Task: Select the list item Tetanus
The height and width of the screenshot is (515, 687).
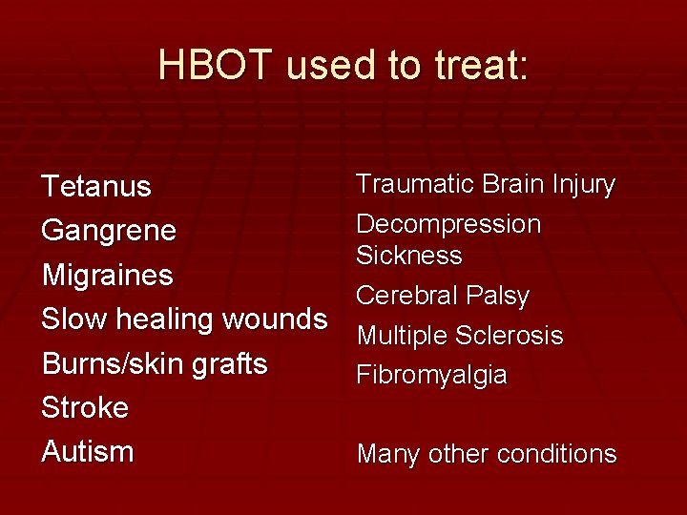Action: (x=96, y=187)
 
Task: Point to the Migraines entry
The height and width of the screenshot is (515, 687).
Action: (x=107, y=276)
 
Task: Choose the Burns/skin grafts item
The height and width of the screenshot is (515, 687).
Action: (x=155, y=363)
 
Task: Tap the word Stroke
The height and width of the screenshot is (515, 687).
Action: (x=85, y=407)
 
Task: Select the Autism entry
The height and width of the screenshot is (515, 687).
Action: (x=88, y=451)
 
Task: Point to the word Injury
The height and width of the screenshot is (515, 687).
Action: (x=584, y=185)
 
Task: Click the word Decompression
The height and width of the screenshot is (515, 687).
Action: (x=448, y=225)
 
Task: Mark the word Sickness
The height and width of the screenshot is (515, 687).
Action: (x=409, y=256)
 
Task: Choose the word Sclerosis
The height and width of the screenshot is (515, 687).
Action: (x=510, y=336)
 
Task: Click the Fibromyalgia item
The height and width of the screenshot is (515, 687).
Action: (x=431, y=376)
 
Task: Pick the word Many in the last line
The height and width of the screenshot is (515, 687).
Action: (x=385, y=455)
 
